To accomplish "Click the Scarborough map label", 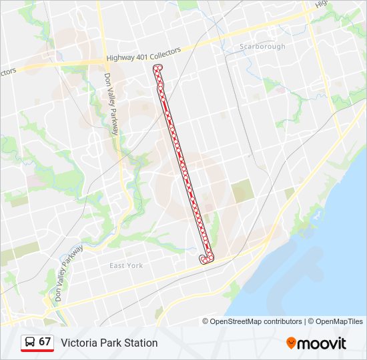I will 262,47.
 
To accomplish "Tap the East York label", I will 126,265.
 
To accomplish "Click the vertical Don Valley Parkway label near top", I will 110,103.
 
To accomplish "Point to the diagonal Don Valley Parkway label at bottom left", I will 69,273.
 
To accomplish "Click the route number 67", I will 45,341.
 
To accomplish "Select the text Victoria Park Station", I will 109,343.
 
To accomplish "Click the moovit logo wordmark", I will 322,343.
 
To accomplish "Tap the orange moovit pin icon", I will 291,343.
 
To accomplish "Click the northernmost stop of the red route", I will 157,69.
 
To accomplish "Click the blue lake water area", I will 314,267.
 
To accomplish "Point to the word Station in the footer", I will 139,343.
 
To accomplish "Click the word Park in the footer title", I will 109,343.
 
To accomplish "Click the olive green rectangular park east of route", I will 242,192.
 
